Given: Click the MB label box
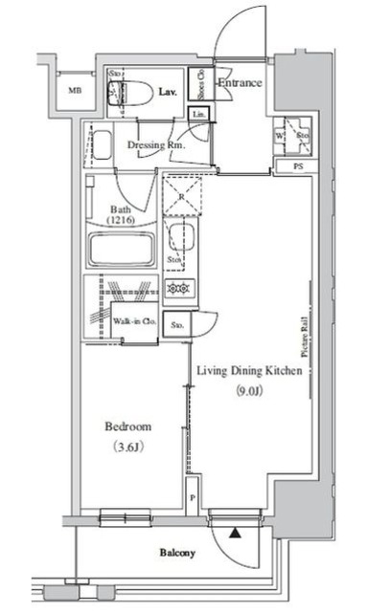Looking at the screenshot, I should click(x=74, y=92).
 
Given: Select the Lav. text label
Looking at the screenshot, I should click(x=166, y=93).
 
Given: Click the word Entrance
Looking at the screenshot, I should click(x=241, y=84).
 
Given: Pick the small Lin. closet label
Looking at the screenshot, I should click(x=199, y=115).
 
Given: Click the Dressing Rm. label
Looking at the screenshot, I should click(x=155, y=144).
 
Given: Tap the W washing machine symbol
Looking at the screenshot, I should click(x=278, y=136).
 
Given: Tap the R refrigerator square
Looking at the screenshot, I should click(x=181, y=196).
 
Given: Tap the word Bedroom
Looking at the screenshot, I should click(x=126, y=426).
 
